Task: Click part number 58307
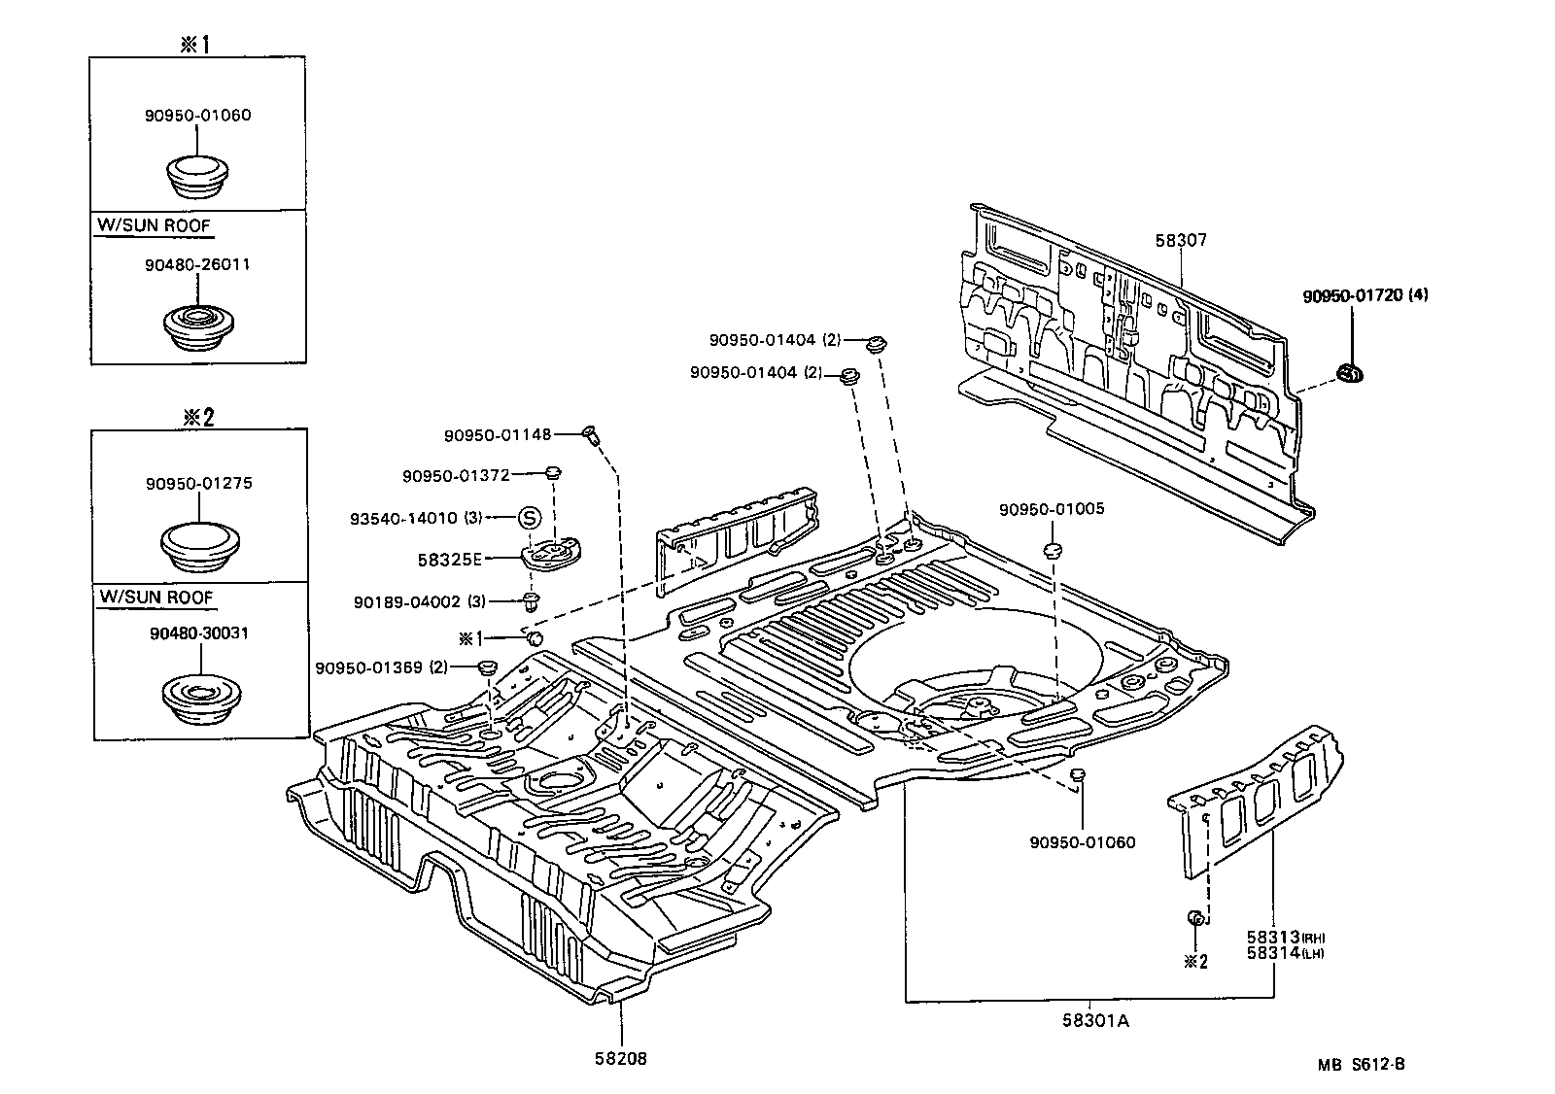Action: (1182, 240)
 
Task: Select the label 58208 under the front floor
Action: (621, 1058)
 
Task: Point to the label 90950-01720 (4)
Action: (1365, 295)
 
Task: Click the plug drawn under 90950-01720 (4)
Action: (1350, 371)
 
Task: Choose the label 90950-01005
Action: (1051, 509)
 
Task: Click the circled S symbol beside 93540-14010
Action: (530, 518)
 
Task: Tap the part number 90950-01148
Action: (498, 436)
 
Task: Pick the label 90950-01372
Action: (456, 475)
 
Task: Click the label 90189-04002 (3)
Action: (420, 602)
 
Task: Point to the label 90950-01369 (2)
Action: (381, 668)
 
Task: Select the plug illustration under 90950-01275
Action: (198, 547)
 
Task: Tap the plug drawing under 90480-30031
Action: (198, 699)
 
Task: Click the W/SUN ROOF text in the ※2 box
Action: (155, 597)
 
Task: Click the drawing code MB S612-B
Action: (1361, 1064)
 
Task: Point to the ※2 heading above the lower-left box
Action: (198, 416)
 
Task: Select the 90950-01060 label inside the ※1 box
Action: (198, 115)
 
